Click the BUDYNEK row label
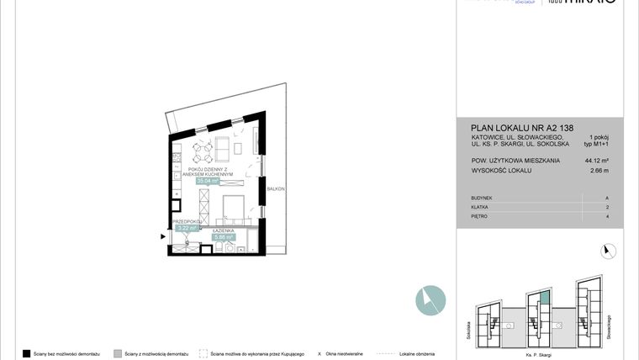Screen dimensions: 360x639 [483, 198]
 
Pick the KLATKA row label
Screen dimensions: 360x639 [480, 207]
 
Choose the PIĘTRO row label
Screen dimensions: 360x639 [480, 216]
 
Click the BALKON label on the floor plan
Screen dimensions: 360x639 [276, 189]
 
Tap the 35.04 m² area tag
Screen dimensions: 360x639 [207, 180]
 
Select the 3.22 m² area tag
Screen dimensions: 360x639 [186, 227]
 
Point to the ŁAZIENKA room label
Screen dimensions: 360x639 [224, 230]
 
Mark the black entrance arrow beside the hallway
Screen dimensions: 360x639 [163, 237]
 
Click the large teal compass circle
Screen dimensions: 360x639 [430, 300]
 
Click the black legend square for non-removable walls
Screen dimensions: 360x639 [27, 353]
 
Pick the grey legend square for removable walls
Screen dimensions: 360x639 [118, 353]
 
